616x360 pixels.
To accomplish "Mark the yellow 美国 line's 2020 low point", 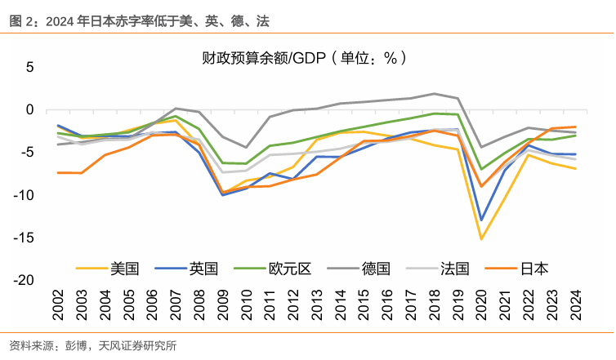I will pos(482,238).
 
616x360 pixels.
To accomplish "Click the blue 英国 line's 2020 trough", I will pos(482,220).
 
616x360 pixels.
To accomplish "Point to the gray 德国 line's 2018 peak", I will pos(435,94).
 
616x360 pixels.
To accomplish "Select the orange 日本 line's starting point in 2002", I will pos(59,172).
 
